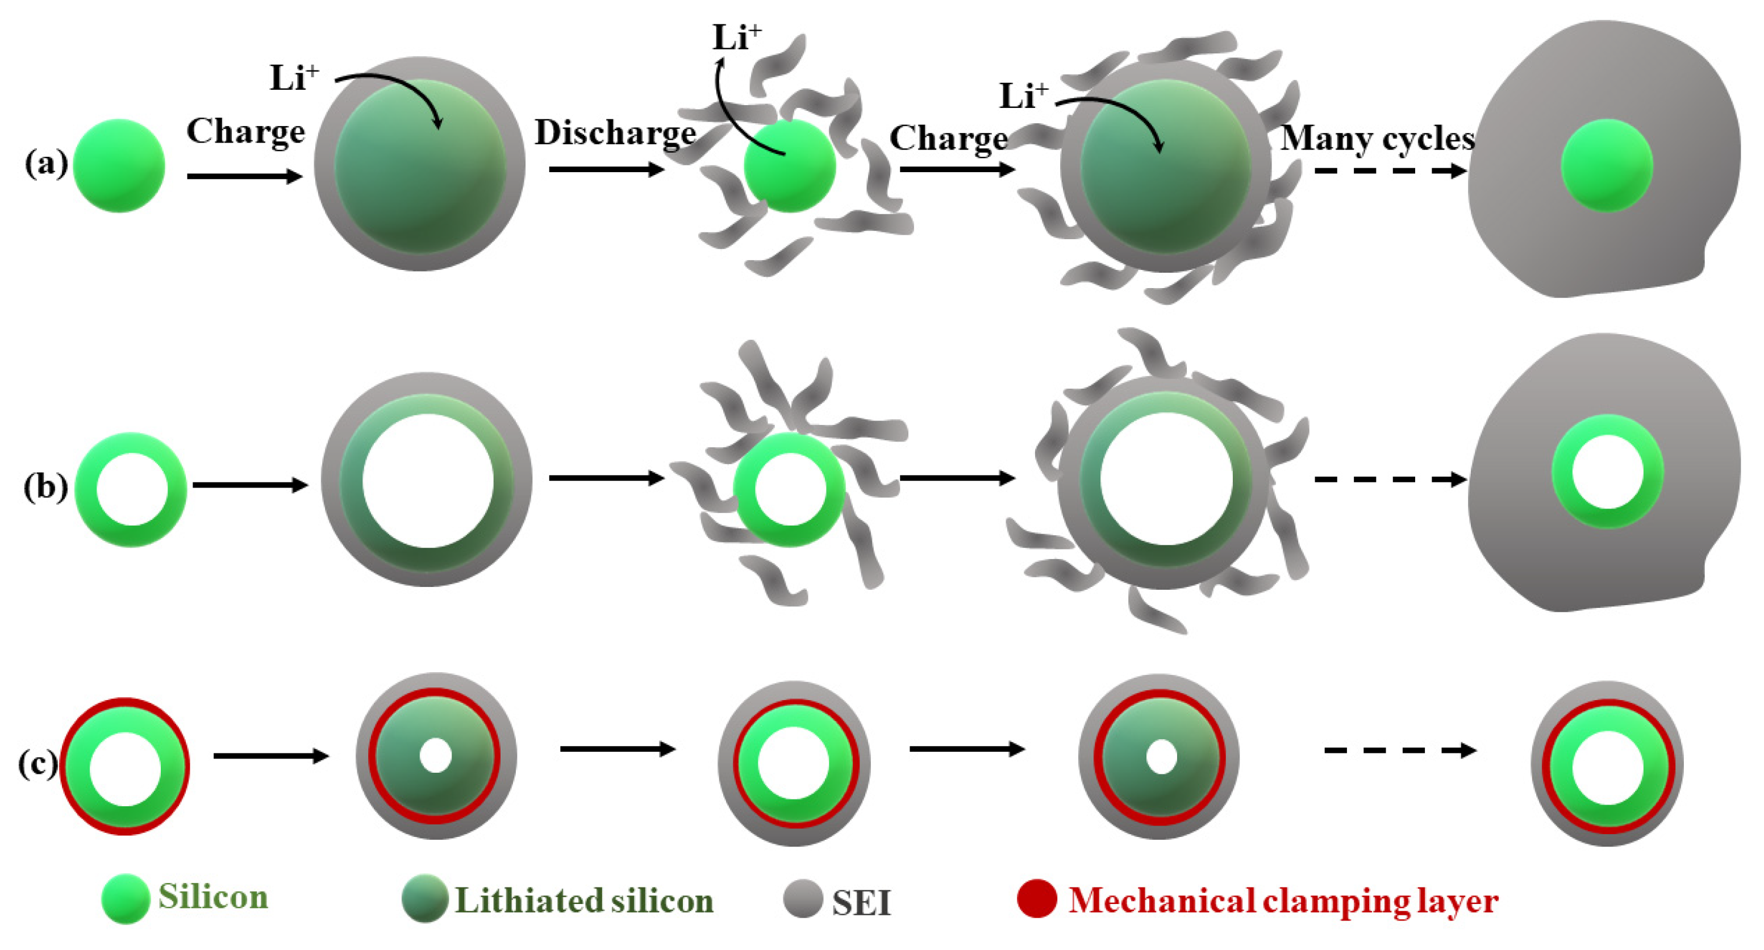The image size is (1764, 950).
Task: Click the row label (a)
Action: point(46,164)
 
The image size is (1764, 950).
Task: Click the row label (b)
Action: point(45,488)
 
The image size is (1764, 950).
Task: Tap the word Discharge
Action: point(615,133)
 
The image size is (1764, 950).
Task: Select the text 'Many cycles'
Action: point(1377,139)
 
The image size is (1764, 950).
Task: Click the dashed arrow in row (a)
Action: point(1390,170)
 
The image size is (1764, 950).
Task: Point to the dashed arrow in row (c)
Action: point(1400,751)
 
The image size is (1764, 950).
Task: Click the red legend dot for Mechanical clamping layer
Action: point(1037,899)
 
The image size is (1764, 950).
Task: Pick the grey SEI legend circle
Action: point(803,899)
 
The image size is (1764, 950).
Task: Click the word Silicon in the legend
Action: point(213,897)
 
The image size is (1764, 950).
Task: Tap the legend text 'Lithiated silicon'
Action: point(584,901)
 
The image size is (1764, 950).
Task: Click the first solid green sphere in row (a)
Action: point(119,166)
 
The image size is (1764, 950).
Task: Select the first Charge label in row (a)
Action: point(245,131)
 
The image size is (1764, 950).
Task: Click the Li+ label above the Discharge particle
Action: point(736,37)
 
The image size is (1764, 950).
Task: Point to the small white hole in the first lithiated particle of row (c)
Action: point(436,756)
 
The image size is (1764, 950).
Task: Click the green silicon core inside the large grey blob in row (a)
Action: point(1607,165)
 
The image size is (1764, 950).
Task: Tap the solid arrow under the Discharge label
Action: point(606,169)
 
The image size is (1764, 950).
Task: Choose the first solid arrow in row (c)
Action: point(271,756)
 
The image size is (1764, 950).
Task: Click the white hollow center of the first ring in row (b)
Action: point(131,490)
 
